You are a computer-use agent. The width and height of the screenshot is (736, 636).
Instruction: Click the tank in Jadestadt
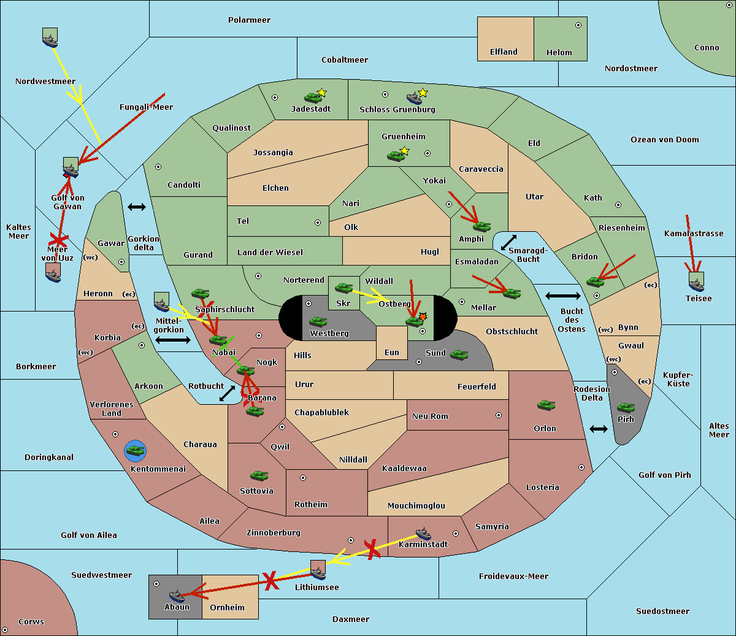(x=313, y=98)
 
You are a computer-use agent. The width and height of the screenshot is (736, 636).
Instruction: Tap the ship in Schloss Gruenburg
(x=414, y=98)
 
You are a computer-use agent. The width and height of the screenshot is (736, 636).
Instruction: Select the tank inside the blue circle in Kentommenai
(x=135, y=451)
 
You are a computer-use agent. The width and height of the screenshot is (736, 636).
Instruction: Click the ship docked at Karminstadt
(x=423, y=534)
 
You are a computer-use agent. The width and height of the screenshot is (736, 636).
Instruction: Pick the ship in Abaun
(x=177, y=596)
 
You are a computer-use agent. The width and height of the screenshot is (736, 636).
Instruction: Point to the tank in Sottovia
(x=259, y=475)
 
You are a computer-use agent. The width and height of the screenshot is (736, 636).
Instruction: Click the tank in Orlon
(x=546, y=405)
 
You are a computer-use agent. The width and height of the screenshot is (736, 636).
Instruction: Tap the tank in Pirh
(x=626, y=407)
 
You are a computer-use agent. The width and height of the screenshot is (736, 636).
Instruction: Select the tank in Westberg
(x=318, y=322)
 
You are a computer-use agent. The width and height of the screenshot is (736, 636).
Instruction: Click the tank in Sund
(x=459, y=354)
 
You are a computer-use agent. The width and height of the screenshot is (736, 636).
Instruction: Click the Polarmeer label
(x=249, y=20)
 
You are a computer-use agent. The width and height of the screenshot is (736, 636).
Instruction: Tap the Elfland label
(x=504, y=52)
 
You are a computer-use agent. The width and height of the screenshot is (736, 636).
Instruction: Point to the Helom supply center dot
(x=578, y=25)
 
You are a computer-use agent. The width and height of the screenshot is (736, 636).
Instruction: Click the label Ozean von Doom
(x=664, y=140)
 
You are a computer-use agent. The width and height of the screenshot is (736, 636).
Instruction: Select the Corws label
(x=31, y=621)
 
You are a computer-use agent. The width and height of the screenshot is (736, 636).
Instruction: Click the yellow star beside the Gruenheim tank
(x=404, y=151)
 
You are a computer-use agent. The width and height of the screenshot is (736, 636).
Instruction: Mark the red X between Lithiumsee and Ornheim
(x=270, y=581)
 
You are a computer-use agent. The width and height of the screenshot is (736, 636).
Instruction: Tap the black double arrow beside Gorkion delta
(x=137, y=207)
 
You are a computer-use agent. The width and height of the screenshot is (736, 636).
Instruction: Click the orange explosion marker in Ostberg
(x=423, y=316)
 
